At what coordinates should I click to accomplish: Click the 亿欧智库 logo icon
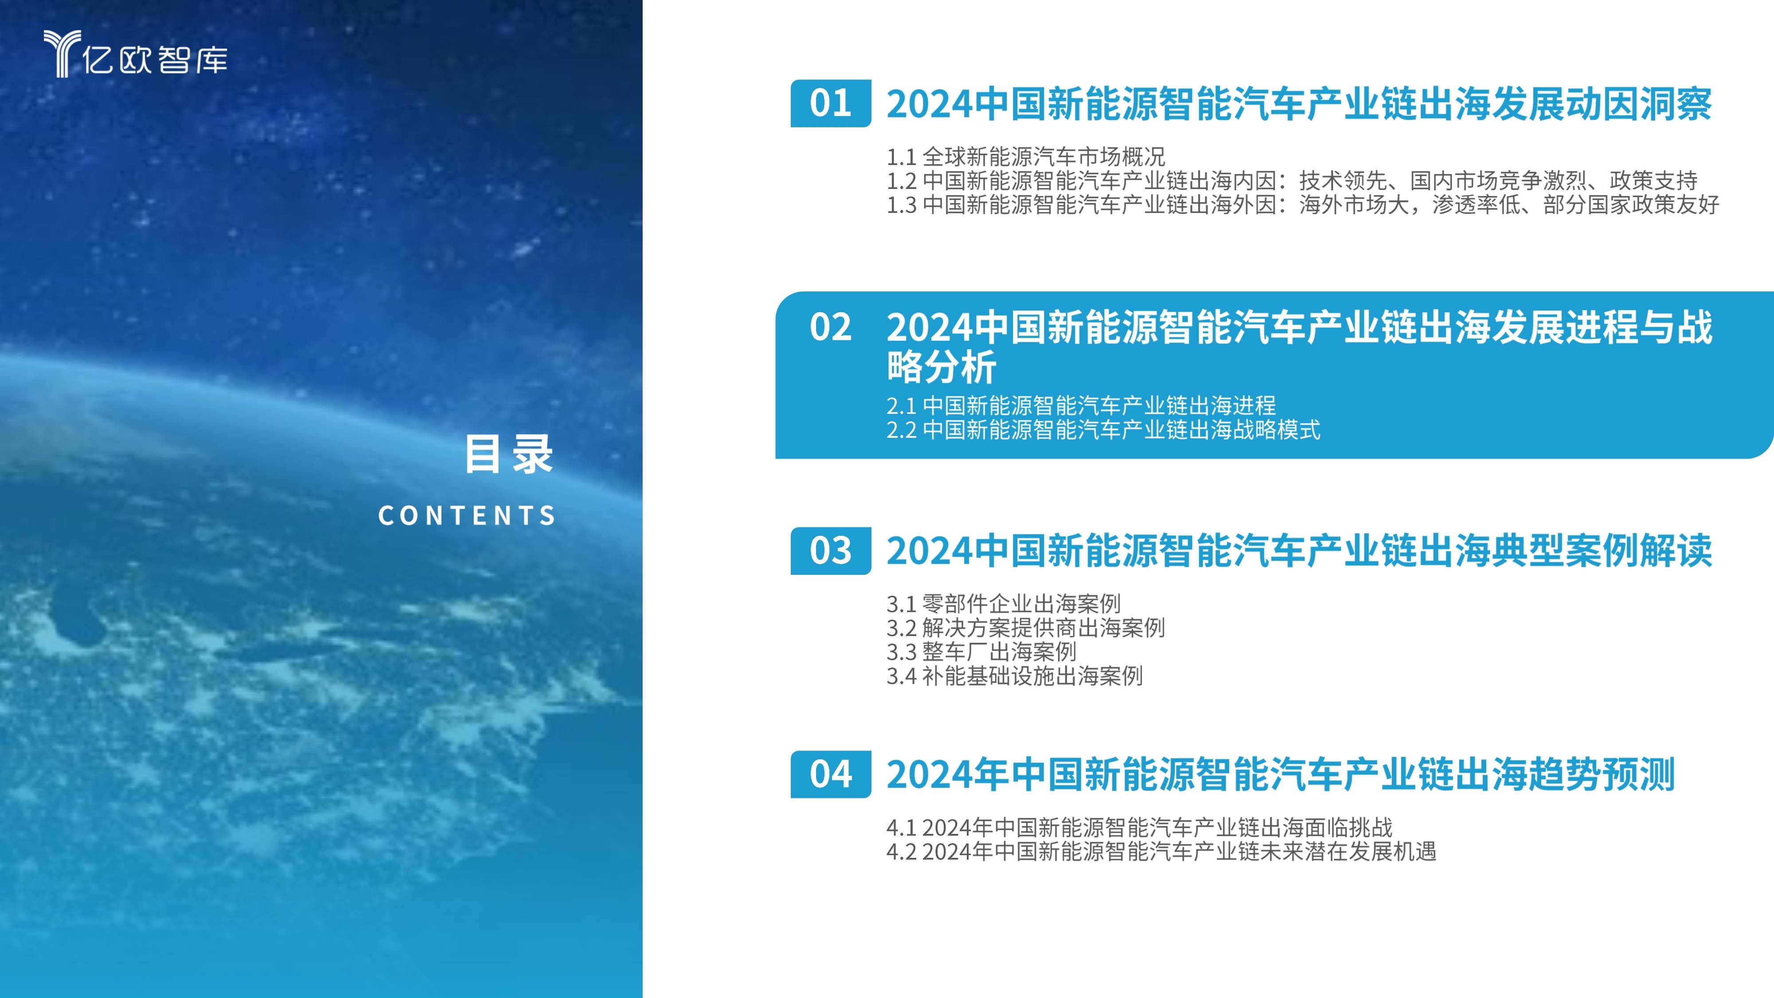click(62, 53)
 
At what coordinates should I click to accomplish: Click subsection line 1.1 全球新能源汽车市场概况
click(1025, 157)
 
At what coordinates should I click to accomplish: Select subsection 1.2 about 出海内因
click(1291, 181)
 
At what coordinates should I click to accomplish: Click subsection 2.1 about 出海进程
click(1080, 405)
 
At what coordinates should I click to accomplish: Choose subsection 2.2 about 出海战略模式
click(1103, 430)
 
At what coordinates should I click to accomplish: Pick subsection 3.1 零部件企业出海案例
click(1003, 604)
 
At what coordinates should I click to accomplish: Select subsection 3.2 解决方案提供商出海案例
click(1025, 628)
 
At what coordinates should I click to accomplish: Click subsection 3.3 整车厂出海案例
click(981, 652)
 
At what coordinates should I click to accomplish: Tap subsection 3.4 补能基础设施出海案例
click(1014, 676)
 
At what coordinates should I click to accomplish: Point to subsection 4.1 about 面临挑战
click(1139, 827)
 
